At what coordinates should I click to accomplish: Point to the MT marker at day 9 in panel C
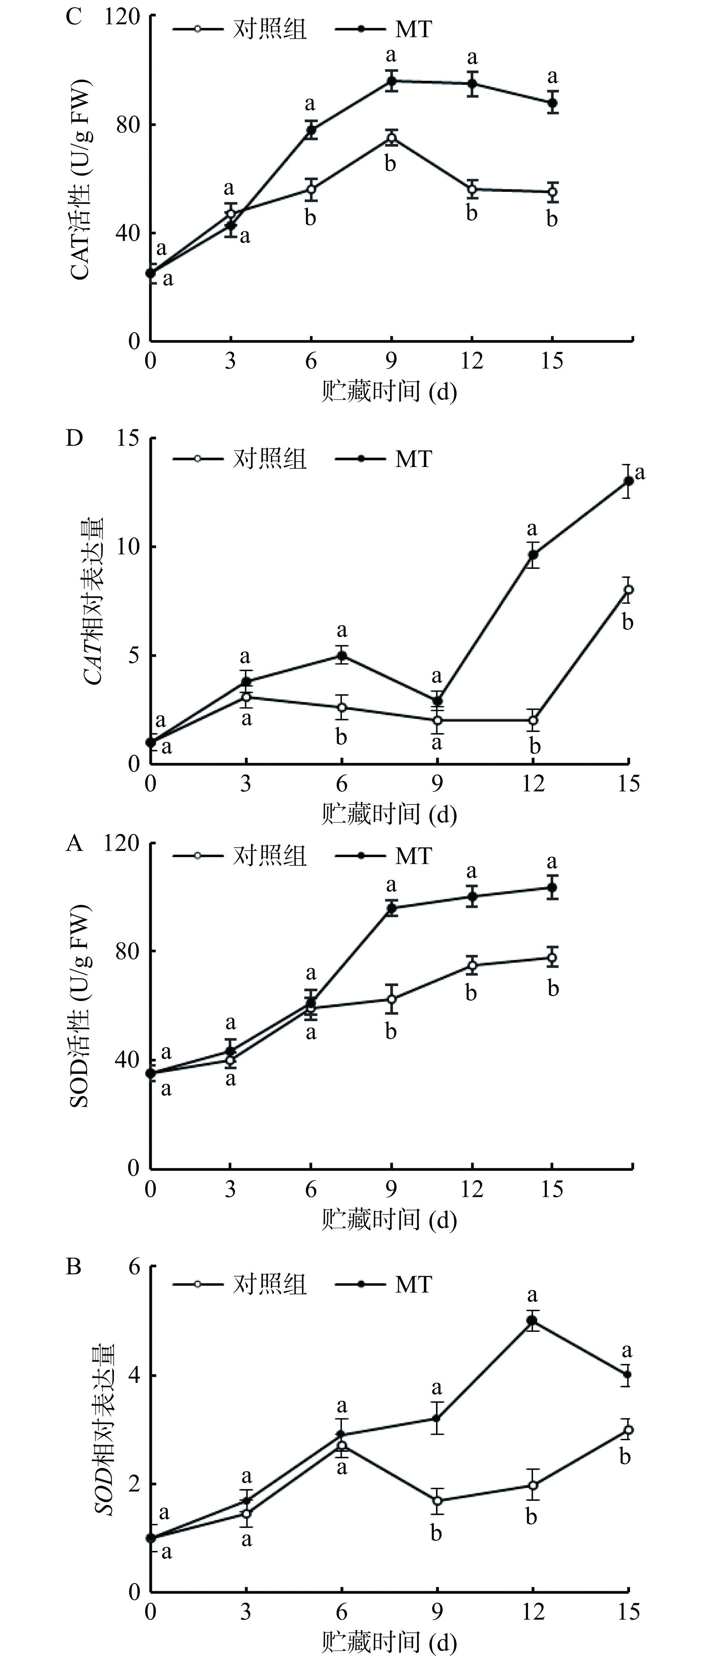coord(391,81)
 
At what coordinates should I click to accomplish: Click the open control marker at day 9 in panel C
coord(391,138)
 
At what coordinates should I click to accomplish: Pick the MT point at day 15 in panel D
coord(628,481)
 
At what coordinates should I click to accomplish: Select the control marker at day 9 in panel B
coord(437,1501)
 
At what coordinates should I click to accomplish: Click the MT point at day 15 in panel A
coord(551,888)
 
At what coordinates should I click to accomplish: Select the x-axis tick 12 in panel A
coord(472,1189)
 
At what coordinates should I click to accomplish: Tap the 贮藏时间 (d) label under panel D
coord(389,814)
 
